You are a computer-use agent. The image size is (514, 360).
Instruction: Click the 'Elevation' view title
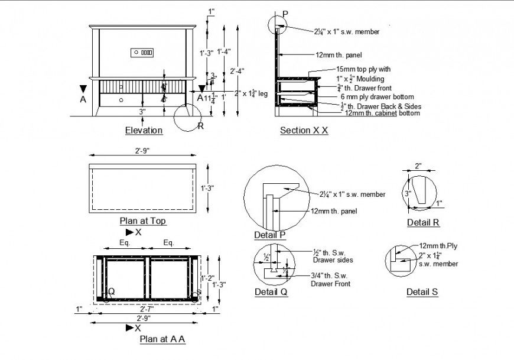pyautogui.click(x=144, y=130)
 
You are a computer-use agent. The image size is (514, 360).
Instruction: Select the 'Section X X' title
pyautogui.click(x=304, y=130)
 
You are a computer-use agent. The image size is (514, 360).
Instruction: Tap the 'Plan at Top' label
pyautogui.click(x=142, y=221)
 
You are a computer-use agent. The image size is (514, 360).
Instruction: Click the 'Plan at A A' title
pyautogui.click(x=162, y=339)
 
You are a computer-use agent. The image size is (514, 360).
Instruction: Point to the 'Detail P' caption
pyautogui.click(x=270, y=235)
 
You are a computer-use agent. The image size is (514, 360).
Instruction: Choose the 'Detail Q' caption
pyautogui.click(x=271, y=292)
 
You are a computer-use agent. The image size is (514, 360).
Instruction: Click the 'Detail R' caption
pyautogui.click(x=423, y=223)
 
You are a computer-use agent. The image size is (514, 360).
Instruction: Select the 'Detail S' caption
pyautogui.click(x=422, y=292)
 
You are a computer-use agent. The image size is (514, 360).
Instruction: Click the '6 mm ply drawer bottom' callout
pyautogui.click(x=376, y=96)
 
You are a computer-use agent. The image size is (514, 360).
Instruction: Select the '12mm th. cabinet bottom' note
pyautogui.click(x=382, y=113)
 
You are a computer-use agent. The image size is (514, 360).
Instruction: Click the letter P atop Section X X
pyautogui.click(x=285, y=14)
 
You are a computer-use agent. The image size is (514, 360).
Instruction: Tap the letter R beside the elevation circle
pyautogui.click(x=201, y=125)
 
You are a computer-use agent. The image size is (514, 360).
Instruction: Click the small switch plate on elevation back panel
pyautogui.click(x=142, y=53)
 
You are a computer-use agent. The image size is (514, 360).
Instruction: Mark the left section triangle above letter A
pyautogui.click(x=83, y=89)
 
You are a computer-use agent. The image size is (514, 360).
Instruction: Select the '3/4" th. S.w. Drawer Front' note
pyautogui.click(x=330, y=280)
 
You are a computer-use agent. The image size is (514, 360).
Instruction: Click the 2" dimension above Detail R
pyautogui.click(x=418, y=167)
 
